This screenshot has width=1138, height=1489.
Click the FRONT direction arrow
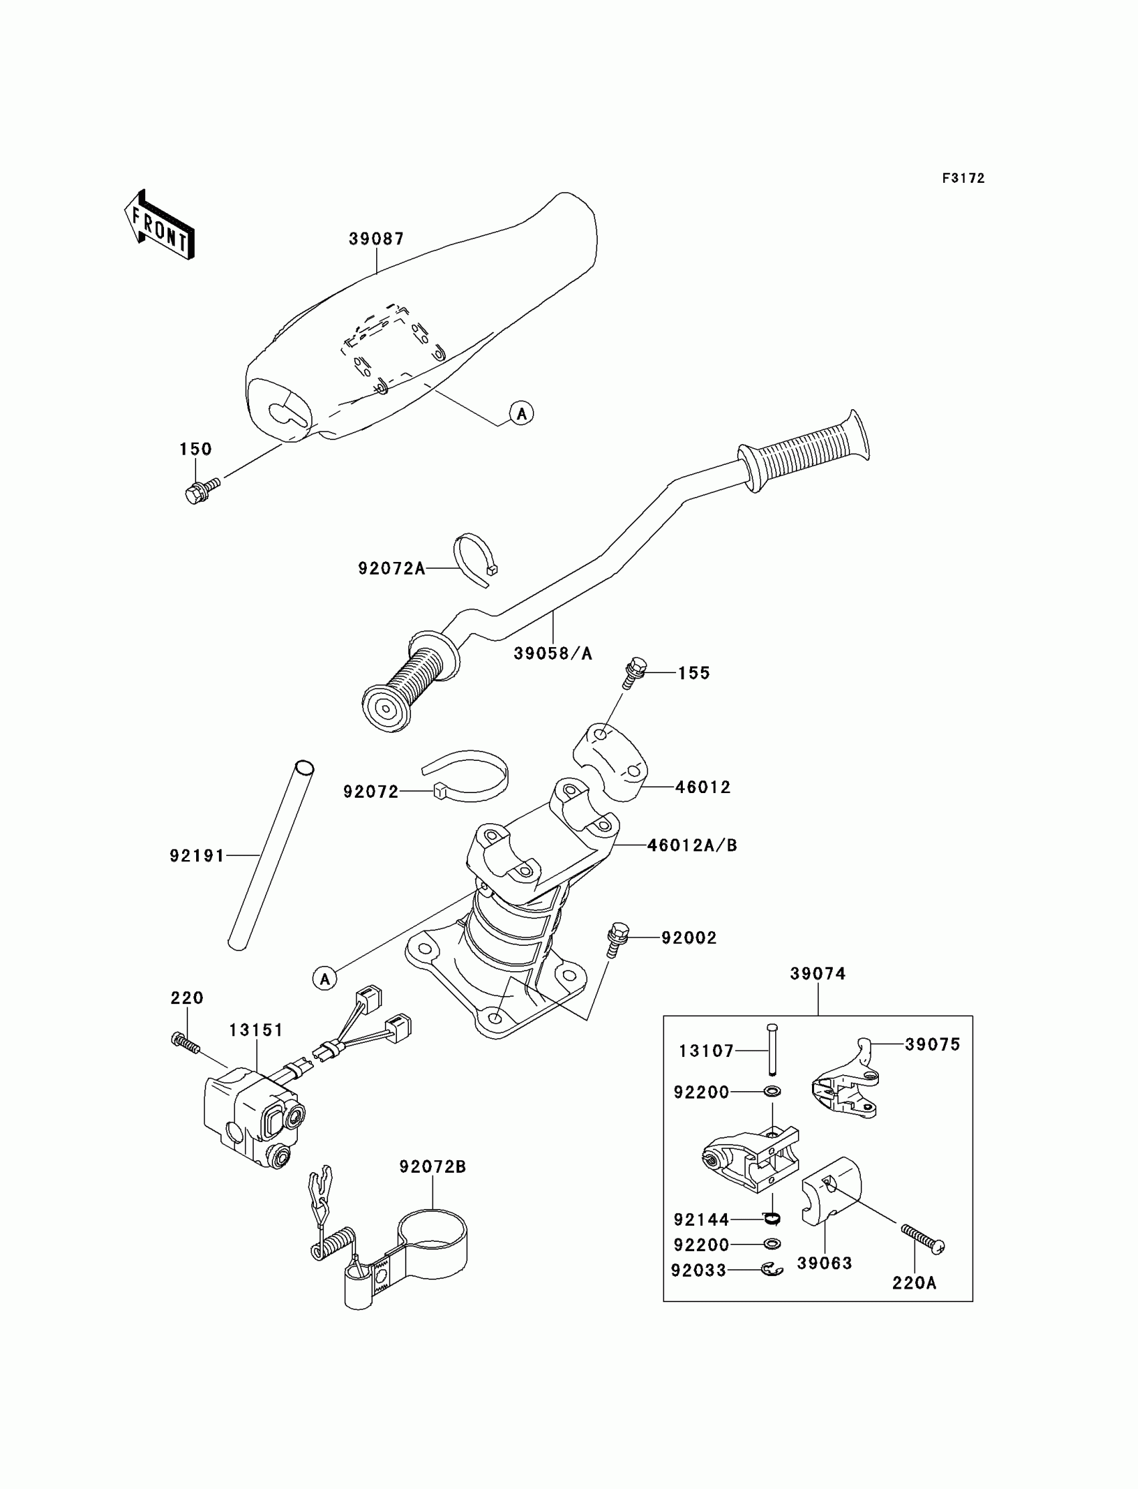click(x=160, y=226)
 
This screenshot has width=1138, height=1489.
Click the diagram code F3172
click(x=963, y=178)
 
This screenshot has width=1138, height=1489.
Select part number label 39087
click(x=377, y=238)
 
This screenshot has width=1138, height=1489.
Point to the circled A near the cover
click(x=521, y=413)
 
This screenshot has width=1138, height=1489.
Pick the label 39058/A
click(x=553, y=654)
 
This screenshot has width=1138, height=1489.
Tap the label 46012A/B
click(x=692, y=845)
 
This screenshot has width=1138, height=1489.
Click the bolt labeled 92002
click(x=617, y=938)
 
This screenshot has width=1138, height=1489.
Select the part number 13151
click(x=256, y=1030)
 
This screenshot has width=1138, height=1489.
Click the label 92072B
click(x=433, y=1167)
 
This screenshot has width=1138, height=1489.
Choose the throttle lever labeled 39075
click(x=845, y=1083)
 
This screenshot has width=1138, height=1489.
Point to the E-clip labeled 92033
click(x=772, y=1269)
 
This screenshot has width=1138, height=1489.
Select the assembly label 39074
click(x=817, y=974)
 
